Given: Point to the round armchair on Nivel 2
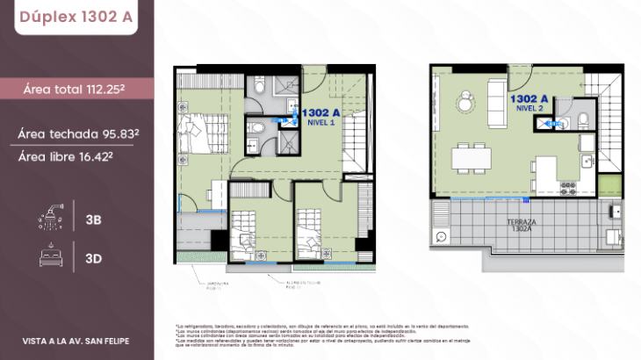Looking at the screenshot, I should [x=463, y=103].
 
